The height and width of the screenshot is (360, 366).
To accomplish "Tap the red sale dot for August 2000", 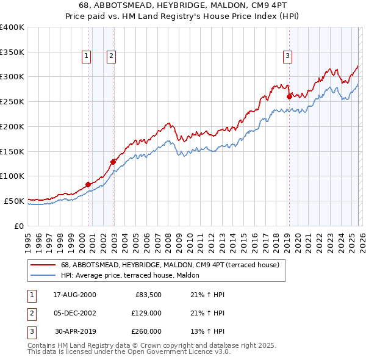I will tap(88, 184).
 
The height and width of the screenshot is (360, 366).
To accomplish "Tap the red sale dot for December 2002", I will tap(113, 162).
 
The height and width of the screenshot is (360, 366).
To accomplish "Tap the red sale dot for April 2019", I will tap(289, 96).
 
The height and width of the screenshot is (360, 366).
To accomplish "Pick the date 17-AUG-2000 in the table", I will tap(74, 295).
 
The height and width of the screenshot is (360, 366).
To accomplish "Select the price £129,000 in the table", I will tap(146, 313).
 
